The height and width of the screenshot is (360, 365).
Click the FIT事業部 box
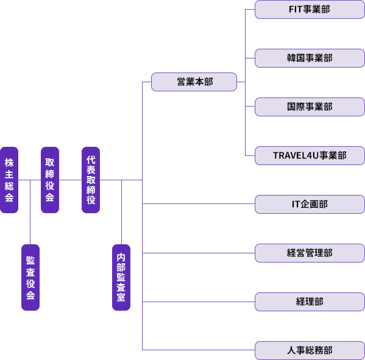310,10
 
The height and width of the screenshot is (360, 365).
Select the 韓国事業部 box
310,58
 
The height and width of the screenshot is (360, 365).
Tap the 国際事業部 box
310,107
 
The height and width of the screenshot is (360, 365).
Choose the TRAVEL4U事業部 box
310,155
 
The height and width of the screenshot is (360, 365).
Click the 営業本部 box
194,82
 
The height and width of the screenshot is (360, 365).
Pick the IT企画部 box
310,204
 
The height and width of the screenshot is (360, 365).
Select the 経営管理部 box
310,253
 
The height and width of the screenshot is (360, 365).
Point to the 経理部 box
310,302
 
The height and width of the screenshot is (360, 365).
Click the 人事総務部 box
310,350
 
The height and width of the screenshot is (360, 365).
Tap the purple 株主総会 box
9,180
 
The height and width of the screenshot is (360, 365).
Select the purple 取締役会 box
50,180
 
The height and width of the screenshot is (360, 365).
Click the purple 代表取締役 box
91,180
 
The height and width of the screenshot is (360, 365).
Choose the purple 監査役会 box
30,277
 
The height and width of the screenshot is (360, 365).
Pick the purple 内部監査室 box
121,277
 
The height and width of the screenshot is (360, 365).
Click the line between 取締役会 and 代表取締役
70,180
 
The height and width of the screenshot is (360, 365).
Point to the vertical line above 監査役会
30,212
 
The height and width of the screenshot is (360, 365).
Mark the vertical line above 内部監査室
121,212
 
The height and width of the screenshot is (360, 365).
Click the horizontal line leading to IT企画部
199,204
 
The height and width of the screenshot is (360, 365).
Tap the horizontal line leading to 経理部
199,302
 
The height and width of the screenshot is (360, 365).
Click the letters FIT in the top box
296,9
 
